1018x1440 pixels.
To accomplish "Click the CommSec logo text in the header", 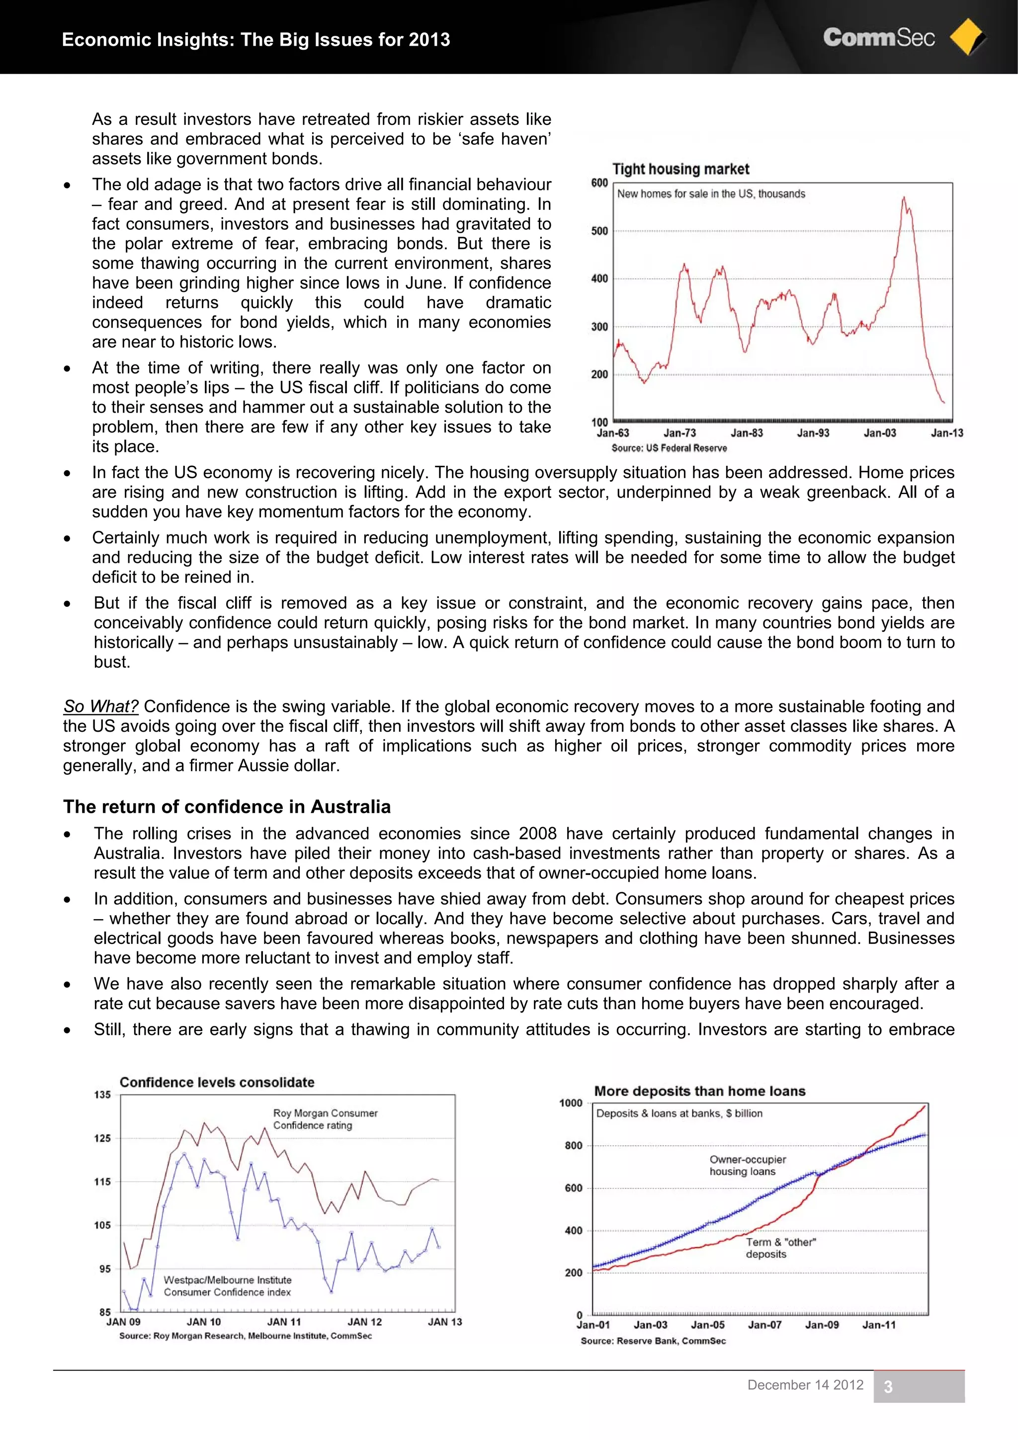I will [878, 38].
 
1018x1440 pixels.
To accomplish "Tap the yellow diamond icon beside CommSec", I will [967, 37].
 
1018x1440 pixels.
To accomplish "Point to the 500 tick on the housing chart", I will [599, 231].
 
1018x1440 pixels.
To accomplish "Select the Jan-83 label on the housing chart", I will [747, 433].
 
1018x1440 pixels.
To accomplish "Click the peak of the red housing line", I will [904, 198].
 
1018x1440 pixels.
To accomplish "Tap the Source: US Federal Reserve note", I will [669, 448].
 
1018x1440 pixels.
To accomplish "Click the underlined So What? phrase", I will [100, 706].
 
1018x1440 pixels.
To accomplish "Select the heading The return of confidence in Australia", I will [227, 807].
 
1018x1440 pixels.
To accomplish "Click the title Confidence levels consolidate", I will [217, 1082].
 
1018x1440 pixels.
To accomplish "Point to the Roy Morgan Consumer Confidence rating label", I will [325, 1119].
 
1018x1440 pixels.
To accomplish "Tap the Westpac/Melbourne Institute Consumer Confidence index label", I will [228, 1286].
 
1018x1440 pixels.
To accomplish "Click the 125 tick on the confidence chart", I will [102, 1138].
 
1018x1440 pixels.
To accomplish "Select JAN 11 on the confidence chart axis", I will [284, 1322].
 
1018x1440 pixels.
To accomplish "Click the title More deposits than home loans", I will [699, 1091].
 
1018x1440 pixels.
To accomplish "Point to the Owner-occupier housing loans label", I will [747, 1165].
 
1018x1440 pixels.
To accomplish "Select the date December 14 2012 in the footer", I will [805, 1385].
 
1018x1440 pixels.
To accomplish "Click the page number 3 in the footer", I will [888, 1387].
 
